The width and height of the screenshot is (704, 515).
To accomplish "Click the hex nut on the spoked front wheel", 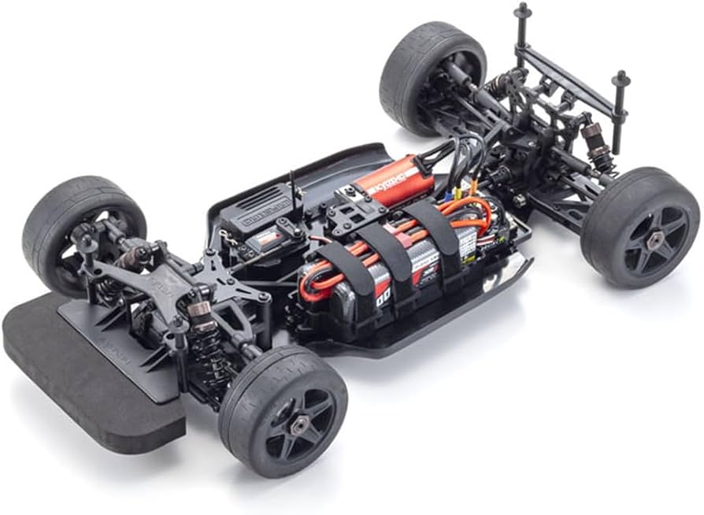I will (x=300, y=425).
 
